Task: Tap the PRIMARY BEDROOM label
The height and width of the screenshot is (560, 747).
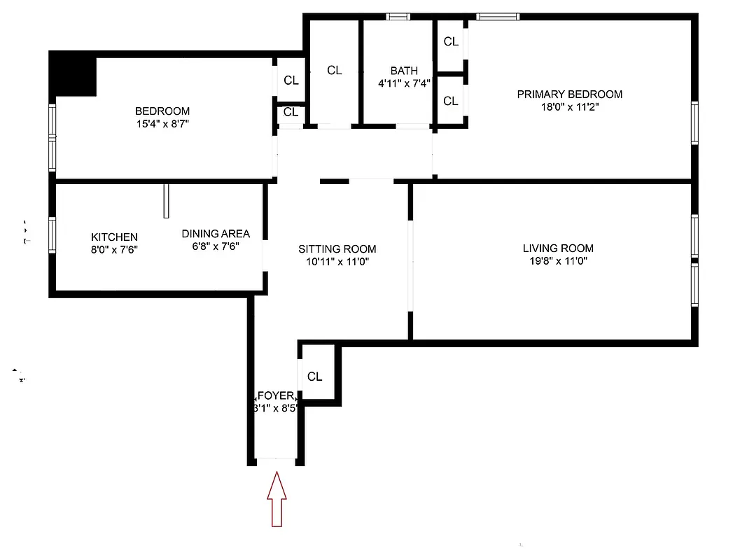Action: pyautogui.click(x=569, y=94)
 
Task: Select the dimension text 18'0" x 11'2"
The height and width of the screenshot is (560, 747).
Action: pyautogui.click(x=569, y=108)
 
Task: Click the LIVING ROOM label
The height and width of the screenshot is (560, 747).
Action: pyautogui.click(x=558, y=248)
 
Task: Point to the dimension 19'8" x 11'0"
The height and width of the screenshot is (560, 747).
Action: pyautogui.click(x=558, y=262)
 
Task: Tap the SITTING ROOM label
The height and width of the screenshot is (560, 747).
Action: pyautogui.click(x=337, y=249)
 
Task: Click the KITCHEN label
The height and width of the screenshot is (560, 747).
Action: pyautogui.click(x=114, y=237)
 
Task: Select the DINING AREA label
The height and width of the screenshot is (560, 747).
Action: pyautogui.click(x=216, y=234)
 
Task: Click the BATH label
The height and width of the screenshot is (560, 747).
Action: pyautogui.click(x=404, y=71)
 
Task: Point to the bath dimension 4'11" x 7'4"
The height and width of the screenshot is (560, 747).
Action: pyautogui.click(x=404, y=83)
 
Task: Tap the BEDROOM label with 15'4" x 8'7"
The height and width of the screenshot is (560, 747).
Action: pyautogui.click(x=162, y=111)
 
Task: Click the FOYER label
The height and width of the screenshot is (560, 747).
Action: pyautogui.click(x=277, y=396)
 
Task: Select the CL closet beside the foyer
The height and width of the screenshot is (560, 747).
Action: pyautogui.click(x=315, y=377)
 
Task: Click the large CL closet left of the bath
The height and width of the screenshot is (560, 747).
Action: pyautogui.click(x=335, y=70)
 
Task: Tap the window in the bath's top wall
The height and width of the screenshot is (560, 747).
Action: pyautogui.click(x=398, y=17)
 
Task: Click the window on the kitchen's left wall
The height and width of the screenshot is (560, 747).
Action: pyautogui.click(x=52, y=234)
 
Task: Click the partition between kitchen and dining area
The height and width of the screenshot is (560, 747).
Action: pyautogui.click(x=167, y=201)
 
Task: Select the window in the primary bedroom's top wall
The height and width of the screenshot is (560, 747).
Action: pyautogui.click(x=498, y=17)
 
